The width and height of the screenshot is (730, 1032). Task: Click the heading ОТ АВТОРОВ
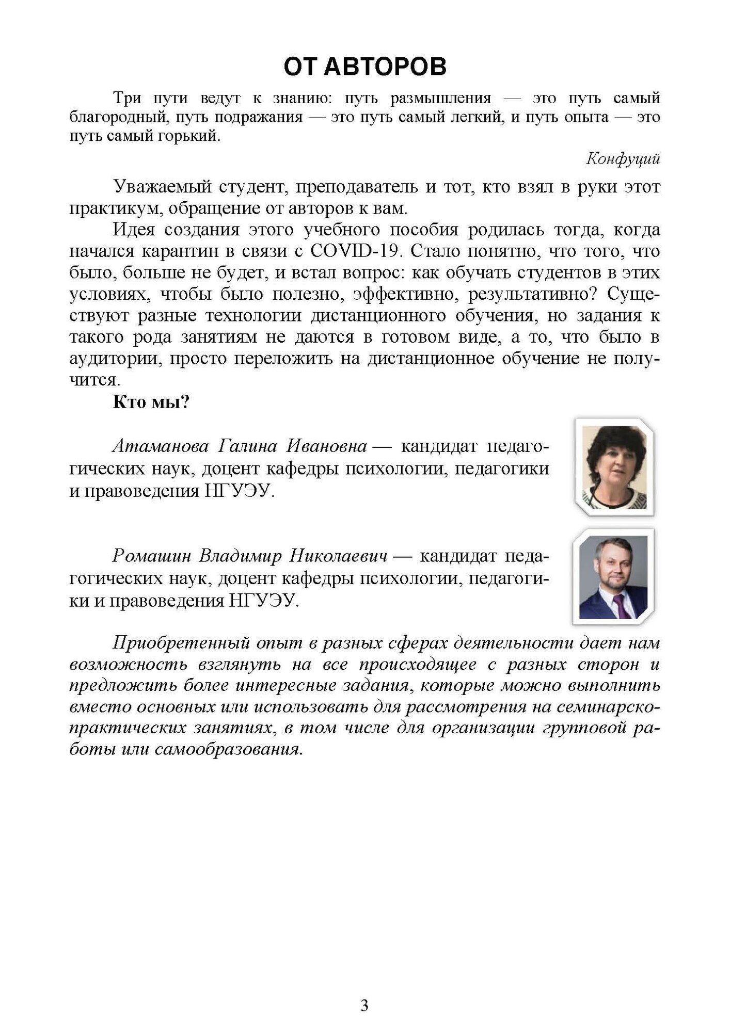pyautogui.click(x=364, y=67)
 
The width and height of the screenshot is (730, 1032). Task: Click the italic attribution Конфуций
pyautogui.click(x=623, y=159)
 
